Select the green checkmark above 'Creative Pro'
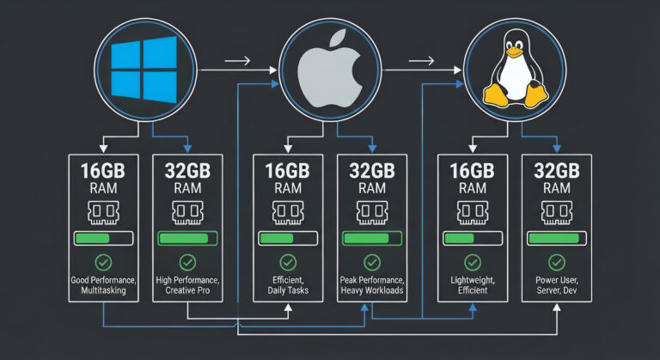tap(186, 262)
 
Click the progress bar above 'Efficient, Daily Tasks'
tap(288, 238)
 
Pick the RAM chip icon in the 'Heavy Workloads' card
tap(372, 211)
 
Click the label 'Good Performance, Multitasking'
tap(103, 287)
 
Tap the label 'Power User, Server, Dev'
tap(557, 287)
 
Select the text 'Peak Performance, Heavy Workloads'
tap(372, 287)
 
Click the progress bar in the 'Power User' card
tap(557, 238)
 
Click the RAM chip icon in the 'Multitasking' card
tap(103, 211)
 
